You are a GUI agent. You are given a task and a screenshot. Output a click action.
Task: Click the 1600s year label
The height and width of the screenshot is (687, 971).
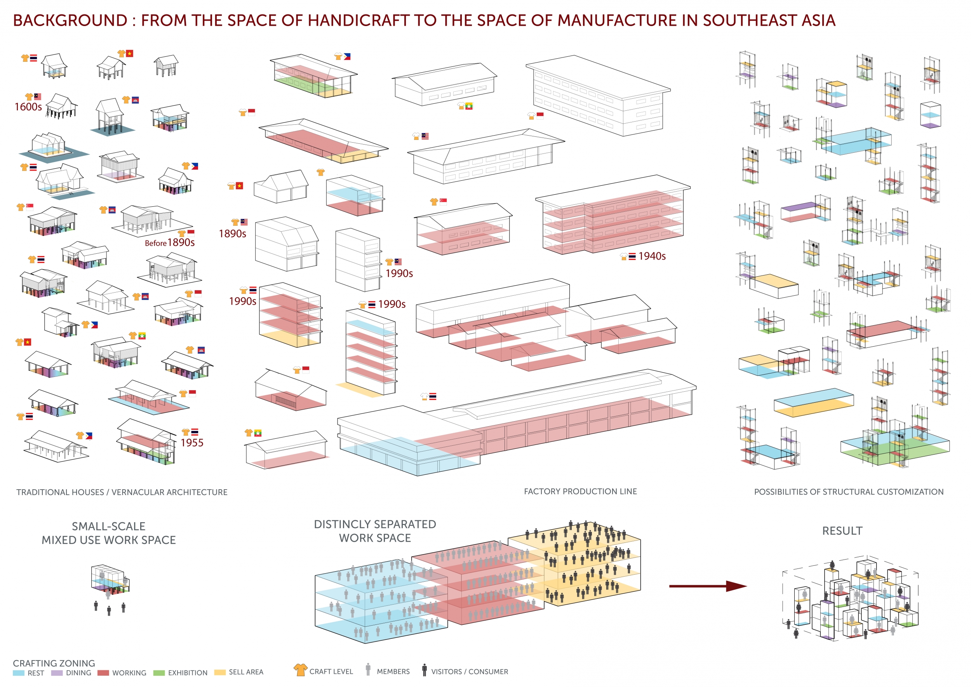click(x=28, y=106)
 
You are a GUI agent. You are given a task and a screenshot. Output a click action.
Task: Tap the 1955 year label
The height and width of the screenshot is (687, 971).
click(x=191, y=443)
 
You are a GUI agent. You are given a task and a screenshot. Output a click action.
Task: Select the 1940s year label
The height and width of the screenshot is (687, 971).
click(x=652, y=256)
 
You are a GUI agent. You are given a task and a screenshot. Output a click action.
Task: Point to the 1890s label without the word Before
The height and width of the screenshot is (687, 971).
click(x=232, y=234)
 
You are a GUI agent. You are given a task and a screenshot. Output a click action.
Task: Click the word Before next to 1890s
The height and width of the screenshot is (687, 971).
click(x=155, y=243)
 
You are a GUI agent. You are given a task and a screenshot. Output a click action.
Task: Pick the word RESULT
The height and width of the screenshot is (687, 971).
click(x=842, y=530)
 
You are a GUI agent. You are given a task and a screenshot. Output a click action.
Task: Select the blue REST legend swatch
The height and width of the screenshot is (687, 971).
click(x=19, y=673)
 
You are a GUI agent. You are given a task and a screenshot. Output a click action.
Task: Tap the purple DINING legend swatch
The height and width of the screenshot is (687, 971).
click(x=57, y=673)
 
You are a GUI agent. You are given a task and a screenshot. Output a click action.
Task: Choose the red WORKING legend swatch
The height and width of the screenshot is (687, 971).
click(x=103, y=673)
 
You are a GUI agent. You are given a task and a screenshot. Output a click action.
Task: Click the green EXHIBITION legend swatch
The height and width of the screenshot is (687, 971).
click(x=159, y=673)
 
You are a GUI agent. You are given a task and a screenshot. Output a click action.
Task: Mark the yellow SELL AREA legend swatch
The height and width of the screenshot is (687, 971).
click(x=220, y=672)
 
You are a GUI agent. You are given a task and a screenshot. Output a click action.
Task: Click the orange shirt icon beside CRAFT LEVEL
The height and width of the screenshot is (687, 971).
click(x=300, y=670)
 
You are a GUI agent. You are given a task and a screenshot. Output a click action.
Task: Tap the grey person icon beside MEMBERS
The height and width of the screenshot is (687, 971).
click(x=368, y=669)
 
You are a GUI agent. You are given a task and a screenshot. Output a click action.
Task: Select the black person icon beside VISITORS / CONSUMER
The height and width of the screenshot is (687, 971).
click(x=424, y=670)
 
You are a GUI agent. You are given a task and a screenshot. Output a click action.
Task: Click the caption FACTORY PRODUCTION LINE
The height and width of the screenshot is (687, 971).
click(x=580, y=491)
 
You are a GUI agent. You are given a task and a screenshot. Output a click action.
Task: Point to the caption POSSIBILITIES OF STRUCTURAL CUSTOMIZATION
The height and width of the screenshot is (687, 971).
click(x=848, y=492)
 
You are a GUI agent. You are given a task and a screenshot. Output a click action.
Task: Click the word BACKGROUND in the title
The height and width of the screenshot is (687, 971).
click(x=70, y=20)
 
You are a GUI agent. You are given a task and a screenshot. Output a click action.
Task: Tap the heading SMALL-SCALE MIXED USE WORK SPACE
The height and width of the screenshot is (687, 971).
click(x=109, y=533)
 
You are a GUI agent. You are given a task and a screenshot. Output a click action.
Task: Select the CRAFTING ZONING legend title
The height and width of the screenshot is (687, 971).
click(x=54, y=663)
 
